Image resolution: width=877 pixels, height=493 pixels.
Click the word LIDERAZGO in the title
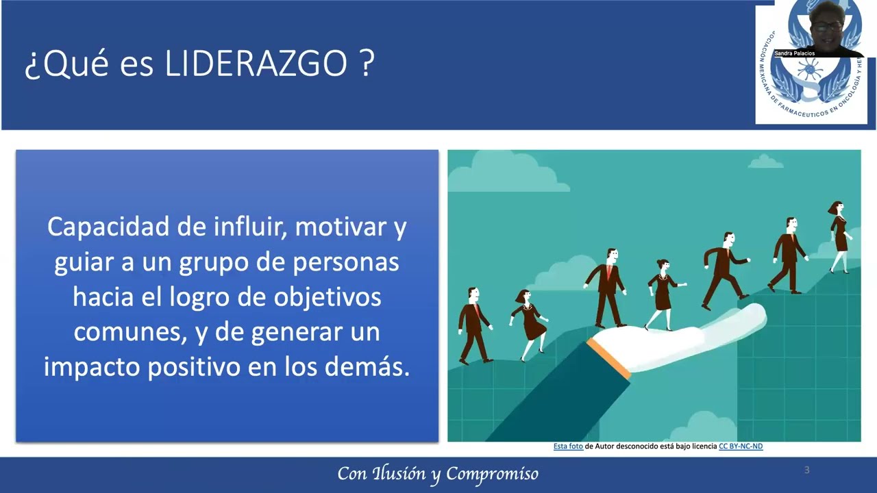point(256,64)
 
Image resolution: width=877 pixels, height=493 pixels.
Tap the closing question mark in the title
point(367,64)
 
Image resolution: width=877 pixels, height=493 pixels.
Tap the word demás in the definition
point(375,367)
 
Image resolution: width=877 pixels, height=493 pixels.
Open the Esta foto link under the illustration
point(568,446)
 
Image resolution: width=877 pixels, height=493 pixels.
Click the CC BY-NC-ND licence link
point(740,446)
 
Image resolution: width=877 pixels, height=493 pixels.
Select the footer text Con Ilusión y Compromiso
point(438,473)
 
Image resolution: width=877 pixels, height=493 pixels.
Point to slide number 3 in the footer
point(806,470)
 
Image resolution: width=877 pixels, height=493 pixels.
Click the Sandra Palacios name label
point(794,53)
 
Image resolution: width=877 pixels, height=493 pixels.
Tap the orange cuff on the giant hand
point(608,357)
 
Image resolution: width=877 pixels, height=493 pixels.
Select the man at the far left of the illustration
point(473,325)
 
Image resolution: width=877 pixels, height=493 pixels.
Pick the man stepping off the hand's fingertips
point(723,268)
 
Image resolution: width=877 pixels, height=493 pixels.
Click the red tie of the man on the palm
point(608,273)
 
